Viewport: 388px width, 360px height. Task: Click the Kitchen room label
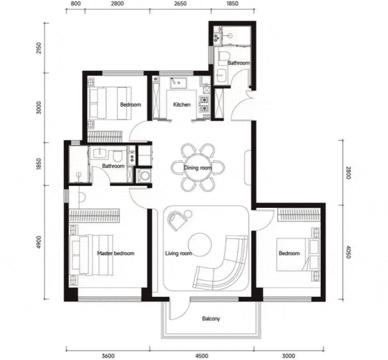tap(182, 105)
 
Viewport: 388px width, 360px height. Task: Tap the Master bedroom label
tap(116, 253)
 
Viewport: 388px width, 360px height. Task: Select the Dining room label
tap(198, 168)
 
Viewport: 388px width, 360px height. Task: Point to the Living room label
tap(178, 253)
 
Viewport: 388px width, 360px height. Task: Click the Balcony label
tap(211, 318)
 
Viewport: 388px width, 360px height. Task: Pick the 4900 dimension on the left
tap(38, 242)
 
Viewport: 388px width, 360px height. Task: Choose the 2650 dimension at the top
tap(180, 4)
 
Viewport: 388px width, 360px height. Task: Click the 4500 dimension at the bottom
tap(202, 356)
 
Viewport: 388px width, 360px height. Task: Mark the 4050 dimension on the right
tap(348, 252)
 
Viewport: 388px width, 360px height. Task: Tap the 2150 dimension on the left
tap(38, 48)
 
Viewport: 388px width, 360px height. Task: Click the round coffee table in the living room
tap(199, 245)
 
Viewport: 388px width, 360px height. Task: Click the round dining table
tap(198, 168)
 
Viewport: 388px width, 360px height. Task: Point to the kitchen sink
tap(178, 82)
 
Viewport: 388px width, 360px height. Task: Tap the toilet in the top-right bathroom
tap(225, 56)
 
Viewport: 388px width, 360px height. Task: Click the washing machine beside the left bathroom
tap(144, 176)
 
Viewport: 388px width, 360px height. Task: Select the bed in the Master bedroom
tap(92, 255)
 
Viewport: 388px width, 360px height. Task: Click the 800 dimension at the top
tap(75, 4)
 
